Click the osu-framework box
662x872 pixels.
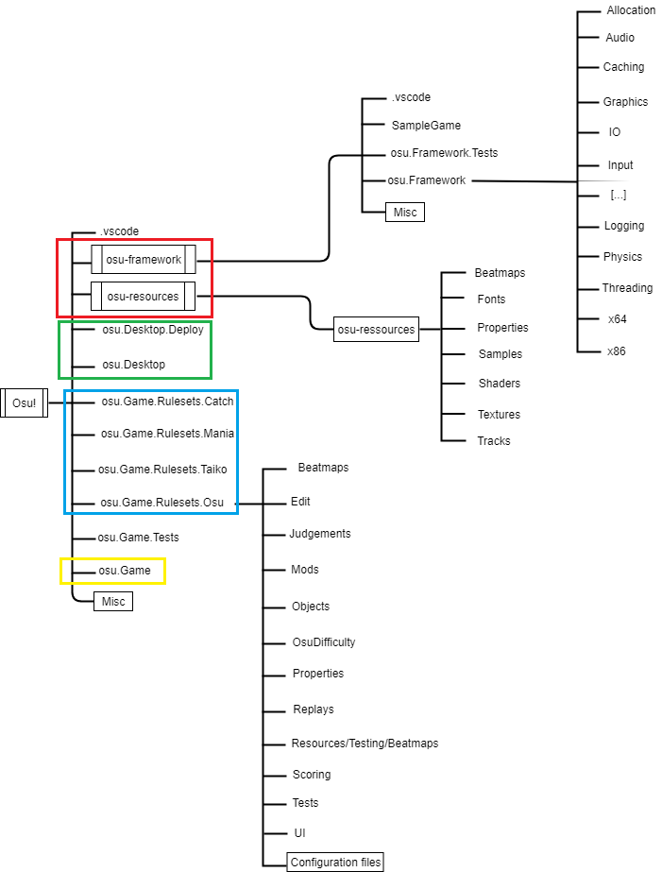144,259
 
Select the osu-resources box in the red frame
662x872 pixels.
143,297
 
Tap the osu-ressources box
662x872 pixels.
377,330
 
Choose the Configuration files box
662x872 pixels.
335,862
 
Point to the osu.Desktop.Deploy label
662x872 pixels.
152,330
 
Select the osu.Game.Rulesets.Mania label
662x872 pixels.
167,434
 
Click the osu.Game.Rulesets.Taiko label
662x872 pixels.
162,469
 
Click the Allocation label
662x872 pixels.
631,10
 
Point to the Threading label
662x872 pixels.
627,288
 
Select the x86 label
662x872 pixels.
617,351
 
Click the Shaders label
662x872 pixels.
499,384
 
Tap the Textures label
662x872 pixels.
499,414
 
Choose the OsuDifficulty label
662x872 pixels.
323,642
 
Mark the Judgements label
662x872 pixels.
320,534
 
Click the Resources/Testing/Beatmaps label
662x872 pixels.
365,744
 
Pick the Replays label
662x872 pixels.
313,709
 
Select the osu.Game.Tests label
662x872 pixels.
138,538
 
